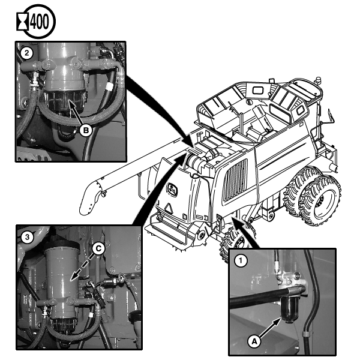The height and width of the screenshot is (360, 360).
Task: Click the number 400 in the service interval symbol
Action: click(39, 22)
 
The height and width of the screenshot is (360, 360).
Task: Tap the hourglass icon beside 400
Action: click(23, 22)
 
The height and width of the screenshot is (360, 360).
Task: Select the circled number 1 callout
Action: click(241, 261)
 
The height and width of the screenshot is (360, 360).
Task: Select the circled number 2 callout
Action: click(27, 53)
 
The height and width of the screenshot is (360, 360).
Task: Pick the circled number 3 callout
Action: click(28, 237)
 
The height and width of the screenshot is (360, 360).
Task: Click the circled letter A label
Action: click(254, 341)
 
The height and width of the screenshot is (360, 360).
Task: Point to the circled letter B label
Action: click(86, 130)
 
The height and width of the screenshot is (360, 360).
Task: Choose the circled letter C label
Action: click(98, 248)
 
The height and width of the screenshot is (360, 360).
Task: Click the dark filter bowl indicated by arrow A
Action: click(290, 309)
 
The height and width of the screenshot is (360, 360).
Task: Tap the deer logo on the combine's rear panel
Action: click(172, 190)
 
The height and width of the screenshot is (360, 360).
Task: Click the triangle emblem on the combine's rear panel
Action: click(169, 208)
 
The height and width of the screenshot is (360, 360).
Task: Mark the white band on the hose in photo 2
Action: click(110, 88)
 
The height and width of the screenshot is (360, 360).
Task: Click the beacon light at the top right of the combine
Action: click(318, 81)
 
